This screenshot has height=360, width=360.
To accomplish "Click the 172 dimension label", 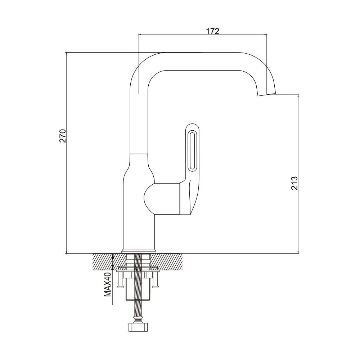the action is click(x=212, y=31).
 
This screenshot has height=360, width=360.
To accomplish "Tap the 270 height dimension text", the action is click(x=63, y=136).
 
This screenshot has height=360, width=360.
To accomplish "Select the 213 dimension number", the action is click(x=294, y=183).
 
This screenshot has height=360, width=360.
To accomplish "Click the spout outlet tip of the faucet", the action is click(x=266, y=94).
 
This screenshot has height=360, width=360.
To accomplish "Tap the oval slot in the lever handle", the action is click(x=192, y=151).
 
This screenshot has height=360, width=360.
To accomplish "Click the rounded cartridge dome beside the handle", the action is click(x=149, y=196).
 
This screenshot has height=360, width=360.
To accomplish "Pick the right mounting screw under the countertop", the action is click(x=155, y=279).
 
